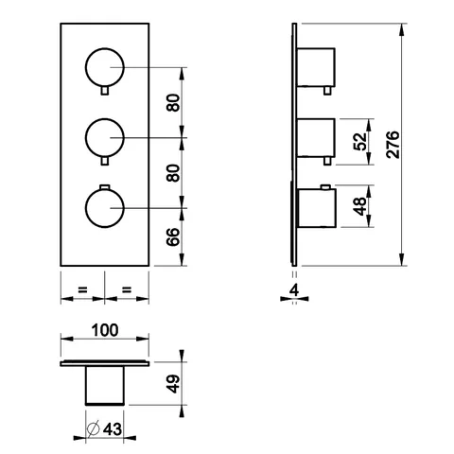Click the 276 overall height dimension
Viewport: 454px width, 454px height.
coord(393,145)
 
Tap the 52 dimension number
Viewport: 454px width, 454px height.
coord(360,142)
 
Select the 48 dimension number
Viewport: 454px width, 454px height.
coord(360,206)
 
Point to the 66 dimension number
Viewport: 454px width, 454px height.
coord(173,236)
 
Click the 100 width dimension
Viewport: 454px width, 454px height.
coord(105,330)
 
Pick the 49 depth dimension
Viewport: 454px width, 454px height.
coord(173,384)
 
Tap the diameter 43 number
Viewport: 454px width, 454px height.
coord(113,429)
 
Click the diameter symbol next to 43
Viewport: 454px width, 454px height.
coord(94,428)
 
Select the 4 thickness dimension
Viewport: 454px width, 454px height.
coord(294,290)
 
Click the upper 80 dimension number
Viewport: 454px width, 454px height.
coord(173,103)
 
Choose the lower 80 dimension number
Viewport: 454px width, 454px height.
coord(173,173)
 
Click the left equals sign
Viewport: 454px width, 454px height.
coord(82,289)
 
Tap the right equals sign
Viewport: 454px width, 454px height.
coord(127,289)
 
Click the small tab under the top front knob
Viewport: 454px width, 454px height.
coord(105,91)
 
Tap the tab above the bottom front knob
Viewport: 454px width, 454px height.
coord(105,187)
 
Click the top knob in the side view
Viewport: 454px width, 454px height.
coord(316,67)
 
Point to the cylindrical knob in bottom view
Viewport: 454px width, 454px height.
coord(105,386)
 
